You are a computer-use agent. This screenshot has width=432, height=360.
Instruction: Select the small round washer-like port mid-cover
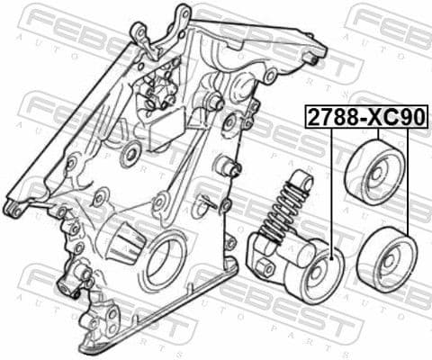pyautogui.click(x=130, y=154)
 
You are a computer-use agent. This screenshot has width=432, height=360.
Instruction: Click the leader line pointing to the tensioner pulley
pyautogui.click(x=331, y=189)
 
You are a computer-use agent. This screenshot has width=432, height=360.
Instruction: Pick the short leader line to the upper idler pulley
pyautogui.click(x=378, y=134)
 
